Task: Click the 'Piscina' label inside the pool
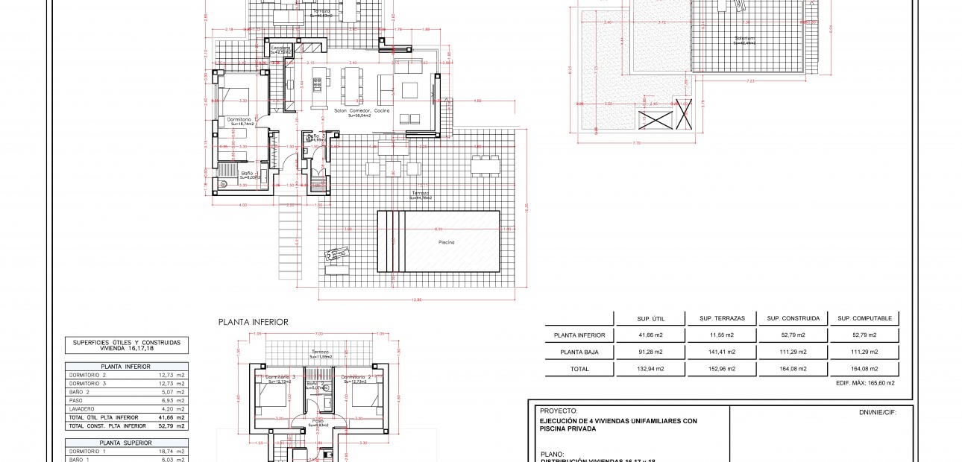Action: pyautogui.click(x=447, y=242)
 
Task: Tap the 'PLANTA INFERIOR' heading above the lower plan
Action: pyautogui.click(x=253, y=323)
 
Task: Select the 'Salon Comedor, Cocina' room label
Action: pyautogui.click(x=362, y=111)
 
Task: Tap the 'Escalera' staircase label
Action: pyautogui.click(x=280, y=48)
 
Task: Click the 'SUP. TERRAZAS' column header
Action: pyautogui.click(x=717, y=319)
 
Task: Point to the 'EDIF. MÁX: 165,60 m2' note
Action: pyautogui.click(x=864, y=383)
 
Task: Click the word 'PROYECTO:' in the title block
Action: pyautogui.click(x=559, y=411)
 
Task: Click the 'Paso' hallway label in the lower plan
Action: pyautogui.click(x=318, y=420)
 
